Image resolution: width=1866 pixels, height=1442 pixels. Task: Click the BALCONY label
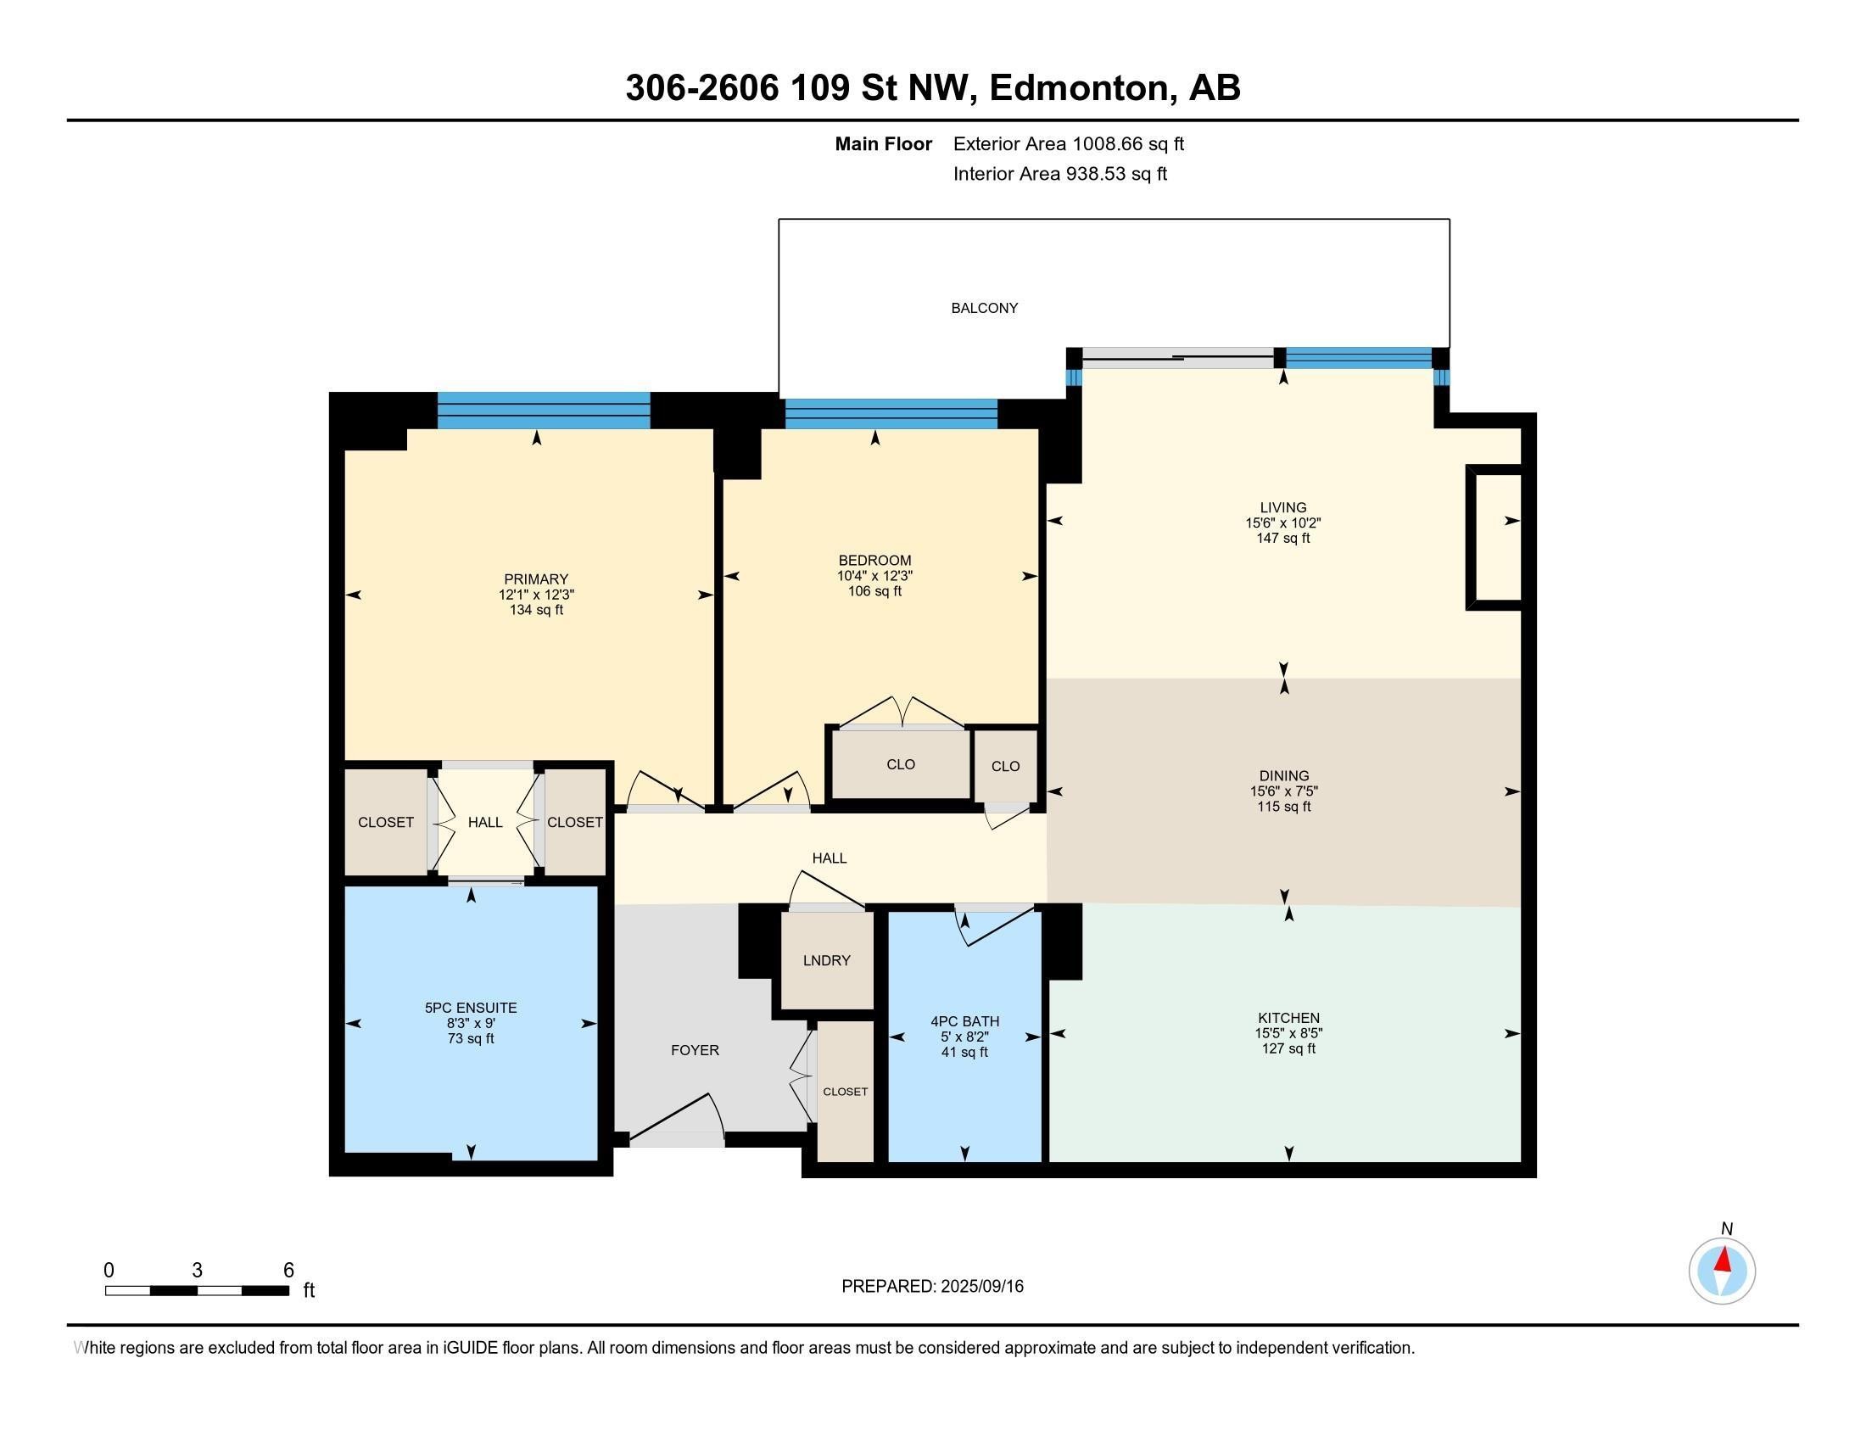tap(984, 309)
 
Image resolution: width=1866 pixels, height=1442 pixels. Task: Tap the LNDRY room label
tap(826, 960)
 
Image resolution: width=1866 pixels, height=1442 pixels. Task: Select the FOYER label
tap(695, 1050)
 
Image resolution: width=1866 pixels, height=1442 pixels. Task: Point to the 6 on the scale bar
tap(288, 1271)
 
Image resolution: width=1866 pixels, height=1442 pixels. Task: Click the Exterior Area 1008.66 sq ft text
tap(1069, 144)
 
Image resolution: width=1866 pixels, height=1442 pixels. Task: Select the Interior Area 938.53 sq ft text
tap(1060, 174)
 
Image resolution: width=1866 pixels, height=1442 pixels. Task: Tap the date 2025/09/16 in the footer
tap(981, 1287)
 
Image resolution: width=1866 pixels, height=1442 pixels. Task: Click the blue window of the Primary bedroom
tap(544, 410)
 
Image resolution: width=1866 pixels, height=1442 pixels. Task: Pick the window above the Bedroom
tap(891, 413)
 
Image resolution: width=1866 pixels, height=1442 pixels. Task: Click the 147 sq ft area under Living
tap(1282, 538)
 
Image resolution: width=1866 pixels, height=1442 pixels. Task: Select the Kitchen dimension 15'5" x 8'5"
tap(1288, 1033)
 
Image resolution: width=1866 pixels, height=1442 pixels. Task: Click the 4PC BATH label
tap(964, 1022)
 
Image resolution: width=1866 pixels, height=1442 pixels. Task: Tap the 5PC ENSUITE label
tap(471, 1008)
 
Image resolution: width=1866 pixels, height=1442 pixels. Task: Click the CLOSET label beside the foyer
tap(845, 1092)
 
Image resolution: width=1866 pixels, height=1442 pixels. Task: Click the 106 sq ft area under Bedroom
tap(874, 591)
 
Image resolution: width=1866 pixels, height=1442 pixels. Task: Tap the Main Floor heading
tap(884, 144)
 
